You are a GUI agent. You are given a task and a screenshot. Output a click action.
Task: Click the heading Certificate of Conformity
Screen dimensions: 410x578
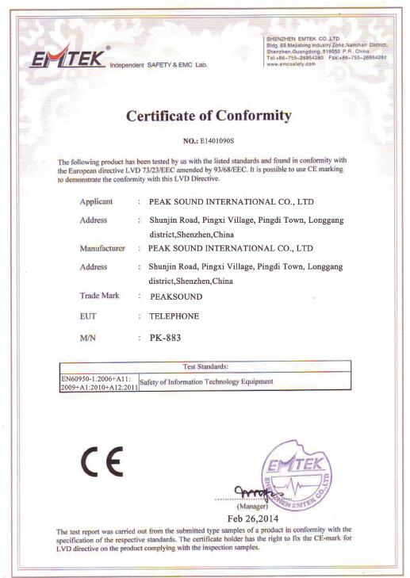coord(209,116)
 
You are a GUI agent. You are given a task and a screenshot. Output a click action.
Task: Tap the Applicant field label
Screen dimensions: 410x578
coord(96,201)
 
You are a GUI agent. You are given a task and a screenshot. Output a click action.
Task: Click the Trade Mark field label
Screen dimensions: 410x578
coord(99,295)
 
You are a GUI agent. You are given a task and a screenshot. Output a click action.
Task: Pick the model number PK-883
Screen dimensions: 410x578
coord(164,337)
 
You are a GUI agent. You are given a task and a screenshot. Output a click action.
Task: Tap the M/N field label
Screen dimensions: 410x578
coord(88,337)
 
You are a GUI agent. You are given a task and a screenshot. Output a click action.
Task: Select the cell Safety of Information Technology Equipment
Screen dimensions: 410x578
coord(206,382)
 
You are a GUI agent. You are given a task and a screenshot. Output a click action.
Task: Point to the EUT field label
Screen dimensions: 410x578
coord(88,316)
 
